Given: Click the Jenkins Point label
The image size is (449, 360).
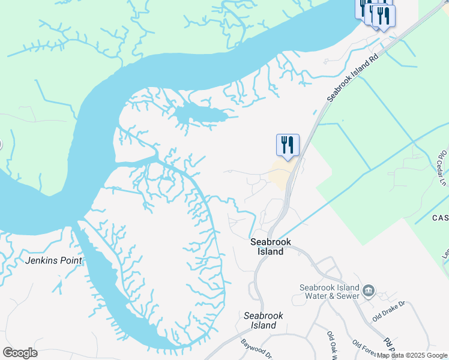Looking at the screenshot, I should click(53, 260).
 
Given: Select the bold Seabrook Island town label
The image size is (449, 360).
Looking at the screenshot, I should click(271, 247).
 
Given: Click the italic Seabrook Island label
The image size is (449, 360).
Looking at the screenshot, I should click(264, 320).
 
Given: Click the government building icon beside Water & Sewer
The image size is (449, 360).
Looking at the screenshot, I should click(367, 292).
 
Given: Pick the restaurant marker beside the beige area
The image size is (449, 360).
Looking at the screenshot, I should click(288, 145).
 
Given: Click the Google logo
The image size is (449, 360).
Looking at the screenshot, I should click(20, 353).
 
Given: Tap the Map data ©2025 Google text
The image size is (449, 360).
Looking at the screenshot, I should click(412, 356).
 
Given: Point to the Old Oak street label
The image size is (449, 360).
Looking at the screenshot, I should click(332, 343).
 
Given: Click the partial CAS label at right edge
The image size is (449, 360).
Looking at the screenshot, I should click(440, 218).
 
